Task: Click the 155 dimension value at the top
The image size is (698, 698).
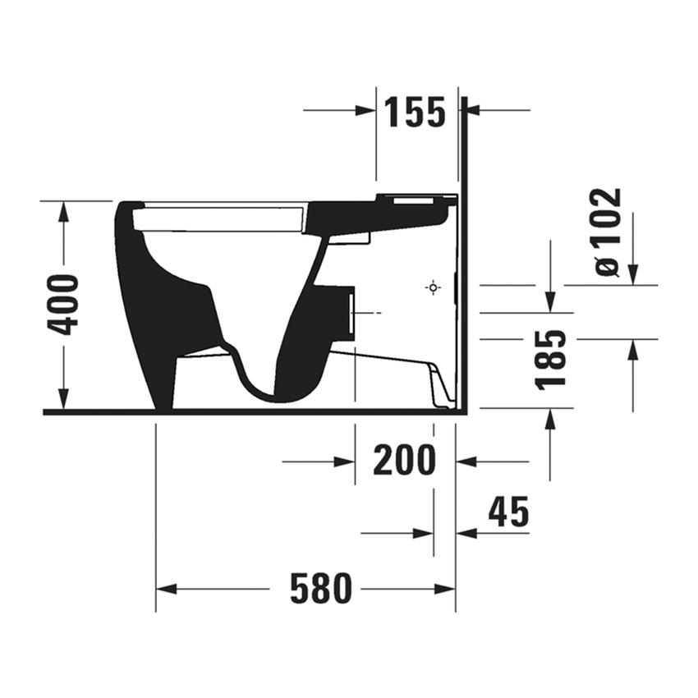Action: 416,112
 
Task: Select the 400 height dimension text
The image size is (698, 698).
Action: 63,305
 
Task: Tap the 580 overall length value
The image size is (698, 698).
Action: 320,588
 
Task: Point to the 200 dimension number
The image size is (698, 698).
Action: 404,462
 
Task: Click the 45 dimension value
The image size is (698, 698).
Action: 508,513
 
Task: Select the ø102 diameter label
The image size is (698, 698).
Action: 608,232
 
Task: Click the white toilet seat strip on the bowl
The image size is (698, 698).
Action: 218,218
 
